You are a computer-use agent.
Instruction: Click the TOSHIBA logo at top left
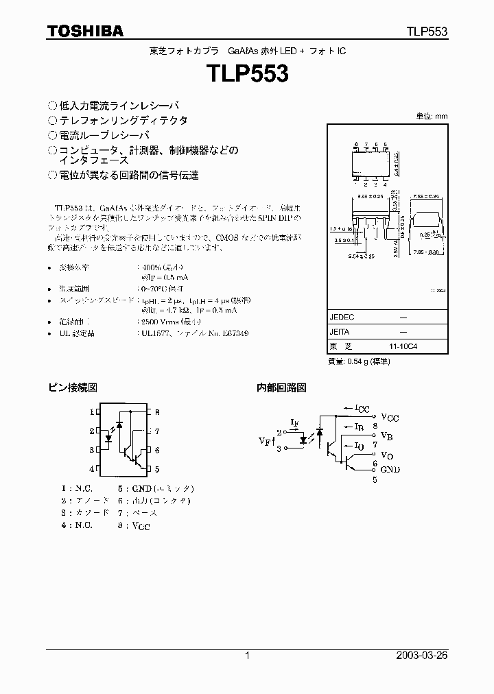click(x=85, y=31)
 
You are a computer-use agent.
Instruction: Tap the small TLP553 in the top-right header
click(x=425, y=32)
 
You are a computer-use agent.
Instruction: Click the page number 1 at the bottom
click(x=247, y=656)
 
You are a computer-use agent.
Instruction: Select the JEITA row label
click(x=342, y=331)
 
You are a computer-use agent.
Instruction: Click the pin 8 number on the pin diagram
click(x=157, y=412)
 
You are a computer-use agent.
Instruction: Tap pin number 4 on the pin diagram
click(x=91, y=469)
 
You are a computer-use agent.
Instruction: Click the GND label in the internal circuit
click(x=390, y=469)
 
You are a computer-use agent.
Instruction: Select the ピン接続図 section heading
click(x=72, y=387)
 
